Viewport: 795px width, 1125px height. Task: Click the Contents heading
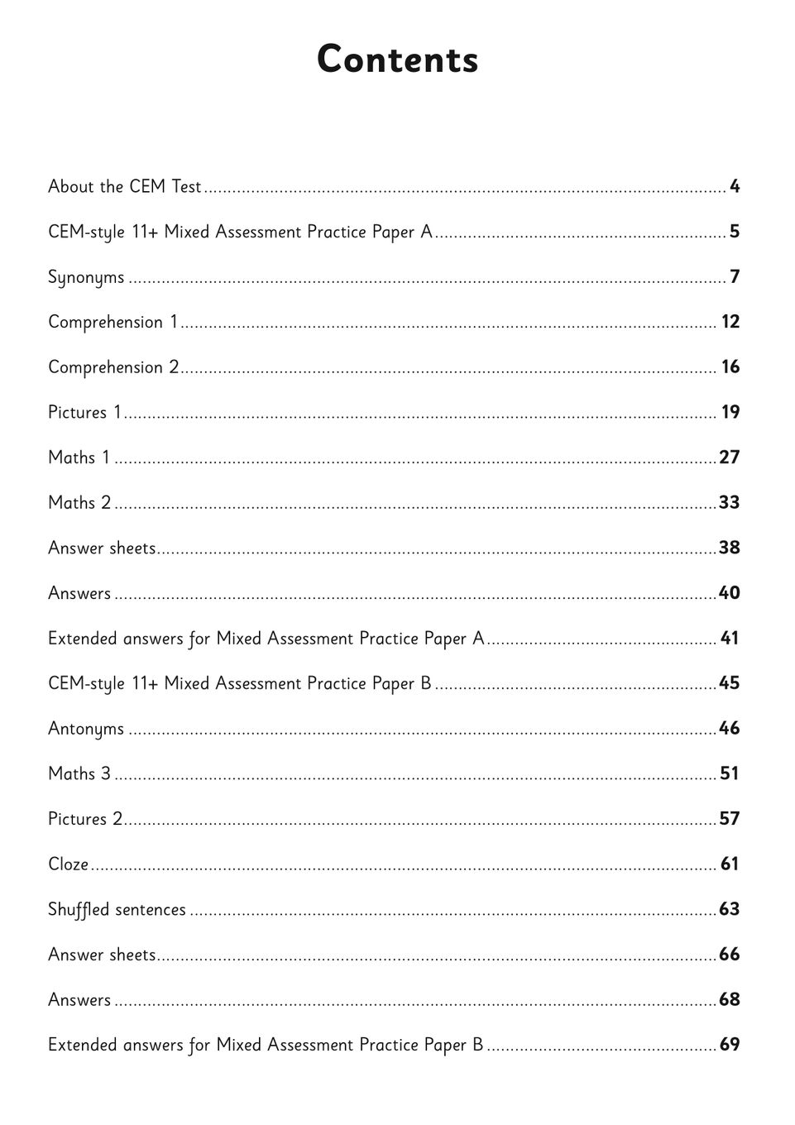(x=397, y=60)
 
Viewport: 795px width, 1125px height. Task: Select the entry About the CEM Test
(x=124, y=187)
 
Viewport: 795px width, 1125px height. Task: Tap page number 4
(x=735, y=187)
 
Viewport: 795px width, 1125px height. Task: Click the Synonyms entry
(x=86, y=277)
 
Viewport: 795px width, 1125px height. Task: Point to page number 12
(x=730, y=322)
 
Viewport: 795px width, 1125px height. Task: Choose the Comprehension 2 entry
(x=113, y=367)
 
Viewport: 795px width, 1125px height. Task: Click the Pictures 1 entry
(x=84, y=412)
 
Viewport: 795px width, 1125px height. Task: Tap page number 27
(x=730, y=457)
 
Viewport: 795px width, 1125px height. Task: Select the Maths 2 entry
(x=79, y=503)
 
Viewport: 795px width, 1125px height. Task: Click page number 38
(x=730, y=548)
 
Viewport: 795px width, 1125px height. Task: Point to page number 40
(x=730, y=593)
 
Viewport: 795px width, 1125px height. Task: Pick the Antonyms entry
(x=86, y=729)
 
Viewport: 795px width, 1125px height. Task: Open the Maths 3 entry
(x=79, y=773)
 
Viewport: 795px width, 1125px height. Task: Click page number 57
(x=730, y=819)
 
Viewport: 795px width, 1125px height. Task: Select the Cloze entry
(x=68, y=864)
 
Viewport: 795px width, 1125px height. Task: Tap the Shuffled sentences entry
(x=117, y=910)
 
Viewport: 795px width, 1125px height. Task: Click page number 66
(x=730, y=955)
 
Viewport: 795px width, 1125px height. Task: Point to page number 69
(x=730, y=1045)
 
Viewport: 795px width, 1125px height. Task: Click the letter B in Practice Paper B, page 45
(x=426, y=683)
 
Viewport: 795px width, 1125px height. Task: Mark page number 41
(x=730, y=639)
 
